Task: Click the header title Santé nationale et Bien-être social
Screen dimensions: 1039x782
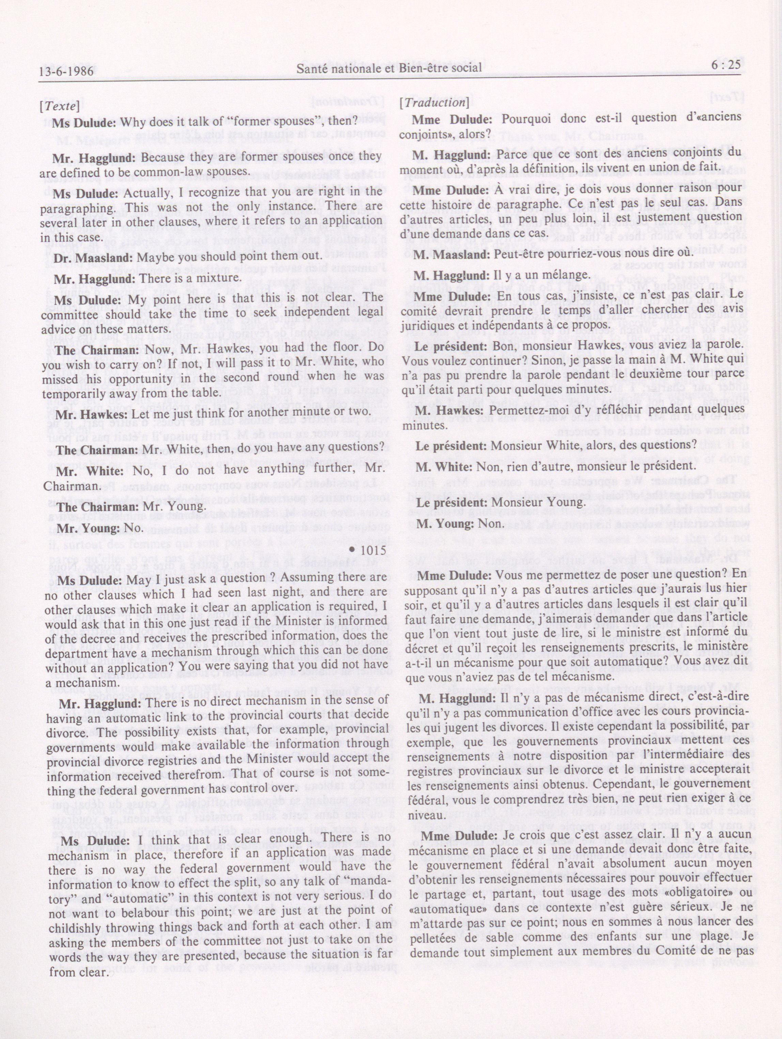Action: point(389,68)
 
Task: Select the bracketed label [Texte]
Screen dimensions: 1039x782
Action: point(60,106)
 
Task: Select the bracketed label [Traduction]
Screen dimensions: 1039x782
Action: point(434,103)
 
